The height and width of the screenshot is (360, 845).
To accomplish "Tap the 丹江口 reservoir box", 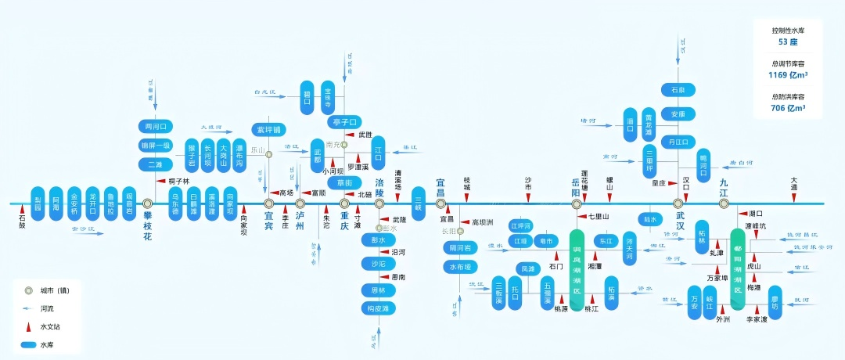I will point(678,142).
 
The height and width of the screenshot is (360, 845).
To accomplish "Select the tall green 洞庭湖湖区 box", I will point(577,270).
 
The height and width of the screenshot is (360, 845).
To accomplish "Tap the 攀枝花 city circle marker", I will point(147,203).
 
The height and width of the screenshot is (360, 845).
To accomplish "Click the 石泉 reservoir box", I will point(678,90).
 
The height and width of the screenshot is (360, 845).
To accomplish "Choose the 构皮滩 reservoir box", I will point(379,308).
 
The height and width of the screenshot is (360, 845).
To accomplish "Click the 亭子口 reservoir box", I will point(344,122).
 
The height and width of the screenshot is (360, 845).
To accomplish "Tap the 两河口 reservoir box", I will point(154,126).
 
